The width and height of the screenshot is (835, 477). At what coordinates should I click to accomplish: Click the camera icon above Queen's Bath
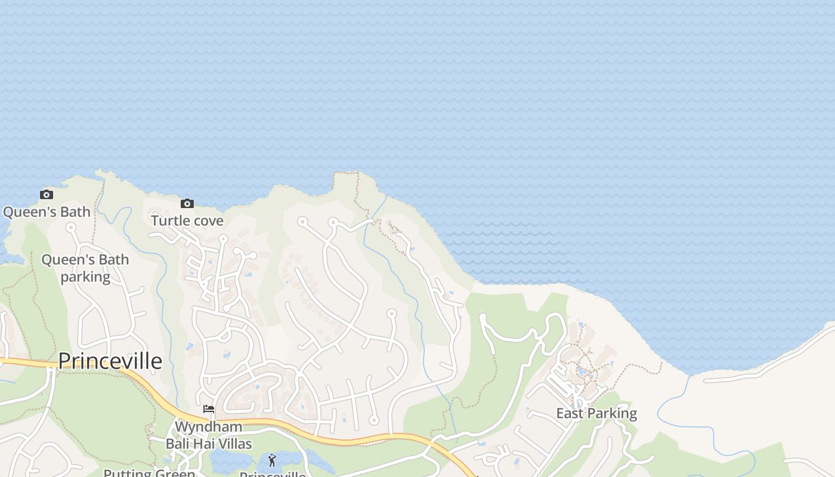46,194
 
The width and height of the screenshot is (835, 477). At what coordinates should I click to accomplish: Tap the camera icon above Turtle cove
187,203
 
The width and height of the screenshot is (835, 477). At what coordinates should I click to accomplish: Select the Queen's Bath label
47,212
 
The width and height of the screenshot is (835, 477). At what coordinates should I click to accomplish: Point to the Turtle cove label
187,221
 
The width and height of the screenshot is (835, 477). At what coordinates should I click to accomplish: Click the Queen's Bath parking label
85,268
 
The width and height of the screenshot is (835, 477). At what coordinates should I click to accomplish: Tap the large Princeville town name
110,361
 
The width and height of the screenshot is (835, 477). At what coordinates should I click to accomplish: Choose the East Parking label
596,413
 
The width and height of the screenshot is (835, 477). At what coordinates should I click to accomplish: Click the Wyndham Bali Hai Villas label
209,435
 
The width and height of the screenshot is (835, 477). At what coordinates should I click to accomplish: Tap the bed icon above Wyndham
209,409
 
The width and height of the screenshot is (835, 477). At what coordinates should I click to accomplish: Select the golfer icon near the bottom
272,460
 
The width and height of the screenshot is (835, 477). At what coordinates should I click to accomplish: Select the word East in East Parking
570,413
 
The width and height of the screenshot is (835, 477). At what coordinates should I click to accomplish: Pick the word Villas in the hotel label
231,444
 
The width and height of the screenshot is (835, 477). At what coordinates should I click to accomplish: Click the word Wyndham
209,427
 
